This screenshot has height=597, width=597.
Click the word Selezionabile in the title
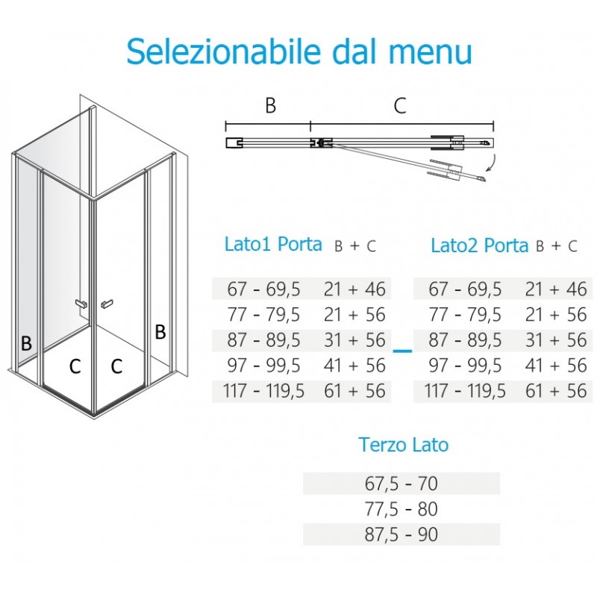(x=223, y=51)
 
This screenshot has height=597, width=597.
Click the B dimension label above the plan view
(x=270, y=105)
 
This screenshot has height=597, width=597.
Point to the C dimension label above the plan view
(x=400, y=105)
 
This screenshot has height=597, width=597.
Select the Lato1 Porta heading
(x=273, y=244)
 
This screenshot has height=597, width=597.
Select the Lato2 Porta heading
(x=479, y=246)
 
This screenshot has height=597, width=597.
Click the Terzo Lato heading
(x=403, y=444)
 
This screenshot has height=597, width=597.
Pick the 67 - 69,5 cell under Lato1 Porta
(x=264, y=289)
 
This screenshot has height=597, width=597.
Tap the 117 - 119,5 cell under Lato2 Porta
(x=465, y=390)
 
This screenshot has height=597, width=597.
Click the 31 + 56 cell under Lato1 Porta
(x=354, y=340)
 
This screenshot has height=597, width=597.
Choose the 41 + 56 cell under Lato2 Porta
(x=556, y=366)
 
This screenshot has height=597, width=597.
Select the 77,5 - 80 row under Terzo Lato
(x=401, y=509)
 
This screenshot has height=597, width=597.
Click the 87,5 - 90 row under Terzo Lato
(x=401, y=534)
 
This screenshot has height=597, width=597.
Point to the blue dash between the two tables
(x=402, y=351)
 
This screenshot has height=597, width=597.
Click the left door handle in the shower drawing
(x=81, y=304)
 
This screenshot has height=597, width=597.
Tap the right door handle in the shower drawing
(x=107, y=304)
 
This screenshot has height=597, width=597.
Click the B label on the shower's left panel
(x=26, y=343)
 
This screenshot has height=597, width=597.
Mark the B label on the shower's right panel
(x=160, y=331)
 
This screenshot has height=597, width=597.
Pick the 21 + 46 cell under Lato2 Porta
(x=556, y=289)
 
